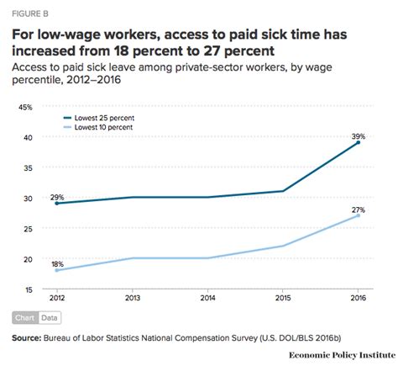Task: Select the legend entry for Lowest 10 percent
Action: click(x=97, y=128)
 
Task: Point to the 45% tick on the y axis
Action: click(x=24, y=107)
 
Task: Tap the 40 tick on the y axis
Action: click(x=27, y=137)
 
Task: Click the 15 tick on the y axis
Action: click(x=27, y=289)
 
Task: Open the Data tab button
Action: click(x=50, y=317)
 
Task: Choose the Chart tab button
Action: click(x=25, y=317)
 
